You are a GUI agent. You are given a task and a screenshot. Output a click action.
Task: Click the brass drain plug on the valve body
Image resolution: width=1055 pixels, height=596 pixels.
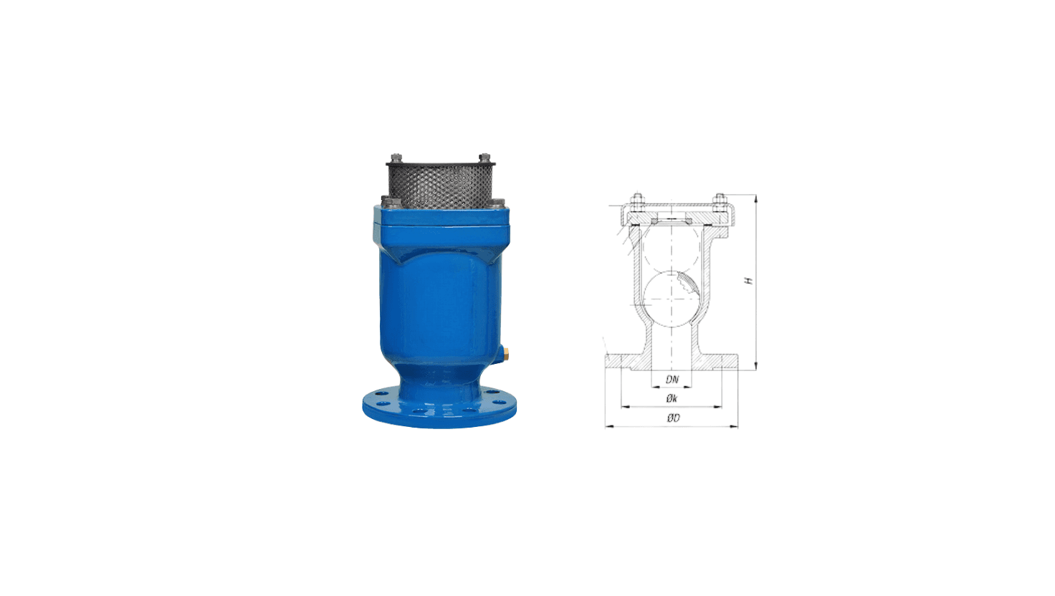coord(505,353)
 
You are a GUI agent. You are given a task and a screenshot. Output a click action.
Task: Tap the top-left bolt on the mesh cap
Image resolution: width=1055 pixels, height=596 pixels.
coord(396,158)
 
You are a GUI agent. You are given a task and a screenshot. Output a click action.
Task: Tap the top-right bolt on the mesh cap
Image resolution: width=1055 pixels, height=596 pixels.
coord(484,158)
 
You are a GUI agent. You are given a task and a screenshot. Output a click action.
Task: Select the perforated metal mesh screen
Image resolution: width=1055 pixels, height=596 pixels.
coord(440,186)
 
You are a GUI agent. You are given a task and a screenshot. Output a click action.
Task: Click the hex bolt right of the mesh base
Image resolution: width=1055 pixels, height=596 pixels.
coord(498,203)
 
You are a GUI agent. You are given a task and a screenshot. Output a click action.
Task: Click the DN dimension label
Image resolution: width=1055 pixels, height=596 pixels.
coord(672,380)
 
